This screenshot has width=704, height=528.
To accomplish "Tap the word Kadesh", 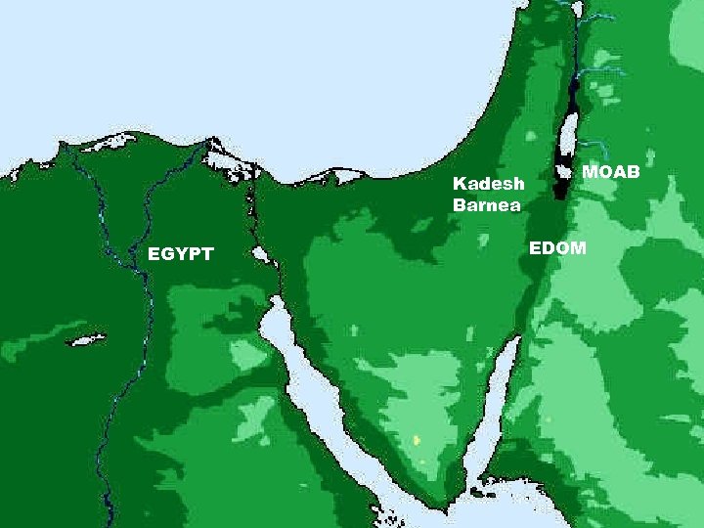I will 489,184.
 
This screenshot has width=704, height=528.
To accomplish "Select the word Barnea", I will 487,204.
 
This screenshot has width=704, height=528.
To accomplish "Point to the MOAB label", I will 611,172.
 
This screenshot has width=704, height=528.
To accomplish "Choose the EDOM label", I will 557,248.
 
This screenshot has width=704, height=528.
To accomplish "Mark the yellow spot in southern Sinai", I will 417,441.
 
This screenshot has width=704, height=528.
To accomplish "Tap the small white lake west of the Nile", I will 86,341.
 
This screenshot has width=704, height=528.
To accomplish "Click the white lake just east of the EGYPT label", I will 260,255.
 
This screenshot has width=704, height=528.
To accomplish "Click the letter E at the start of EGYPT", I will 153,255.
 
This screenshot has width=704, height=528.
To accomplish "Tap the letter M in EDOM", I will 578,248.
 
